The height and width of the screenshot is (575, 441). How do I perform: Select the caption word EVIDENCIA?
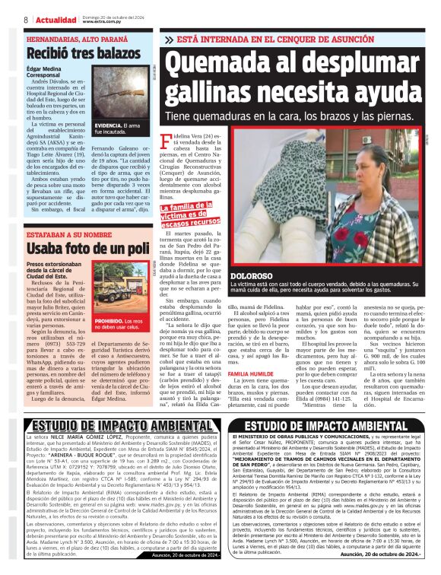pos(106,124)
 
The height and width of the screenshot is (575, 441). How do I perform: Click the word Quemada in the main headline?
pos(219,62)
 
